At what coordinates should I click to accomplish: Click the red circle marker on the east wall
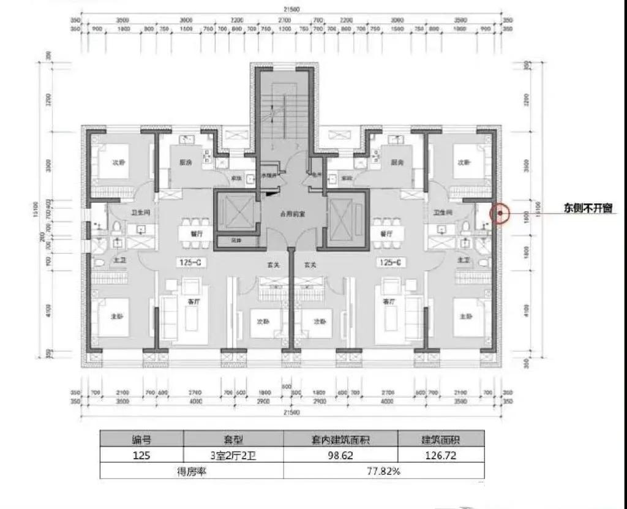[x=500, y=213]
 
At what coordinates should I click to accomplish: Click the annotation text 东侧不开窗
[x=588, y=208]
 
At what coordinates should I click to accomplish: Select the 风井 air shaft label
[x=227, y=240]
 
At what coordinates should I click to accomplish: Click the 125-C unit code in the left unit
[x=190, y=263]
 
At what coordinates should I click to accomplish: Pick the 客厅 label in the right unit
[x=387, y=301]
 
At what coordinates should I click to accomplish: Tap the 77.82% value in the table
[x=383, y=471]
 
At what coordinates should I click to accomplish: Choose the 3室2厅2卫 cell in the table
[x=233, y=455]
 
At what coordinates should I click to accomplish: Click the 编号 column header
[x=142, y=439]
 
